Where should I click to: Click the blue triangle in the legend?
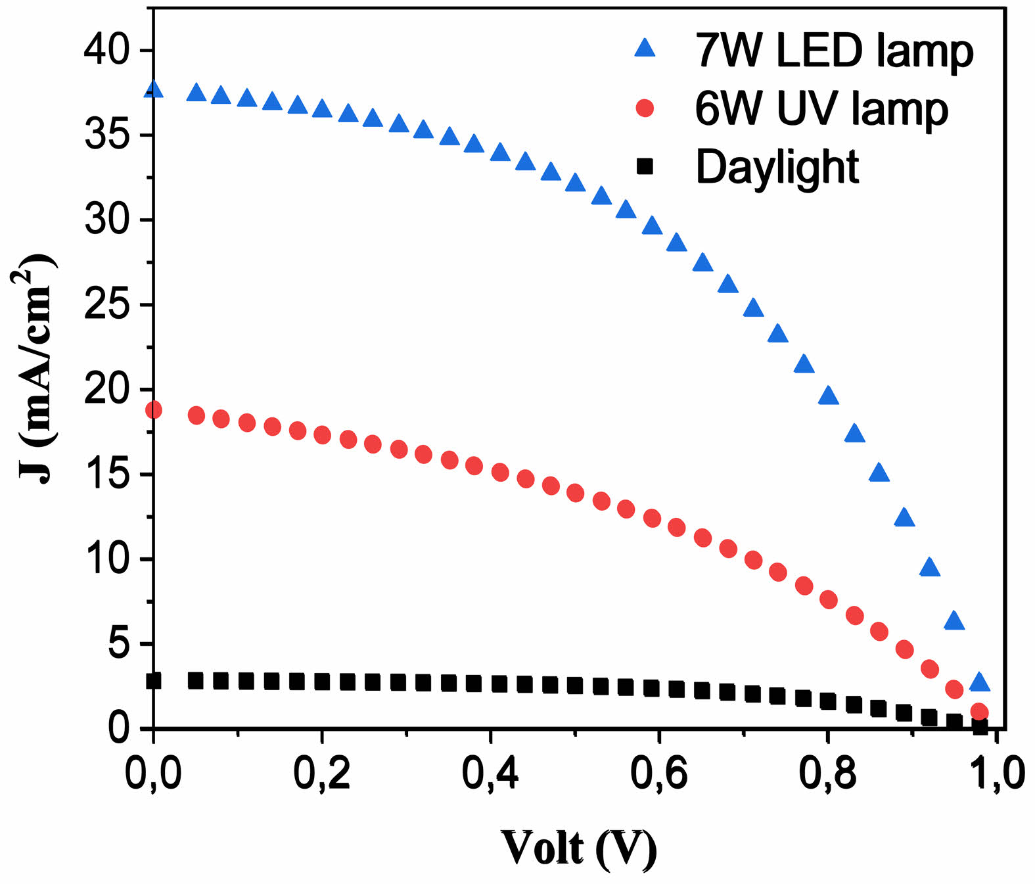(645, 48)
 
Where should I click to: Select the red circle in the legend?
(645, 108)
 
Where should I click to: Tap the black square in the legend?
(645, 167)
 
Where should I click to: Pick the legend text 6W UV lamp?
(821, 109)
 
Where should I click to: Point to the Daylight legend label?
(777, 168)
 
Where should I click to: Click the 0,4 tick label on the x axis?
(490, 773)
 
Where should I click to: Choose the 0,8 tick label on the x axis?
(828, 773)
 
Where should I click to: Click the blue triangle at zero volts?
(153, 89)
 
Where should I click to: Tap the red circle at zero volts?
(153, 410)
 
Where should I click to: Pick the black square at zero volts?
(153, 680)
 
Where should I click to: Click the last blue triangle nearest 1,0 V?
(979, 682)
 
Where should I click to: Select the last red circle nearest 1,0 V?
(979, 712)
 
